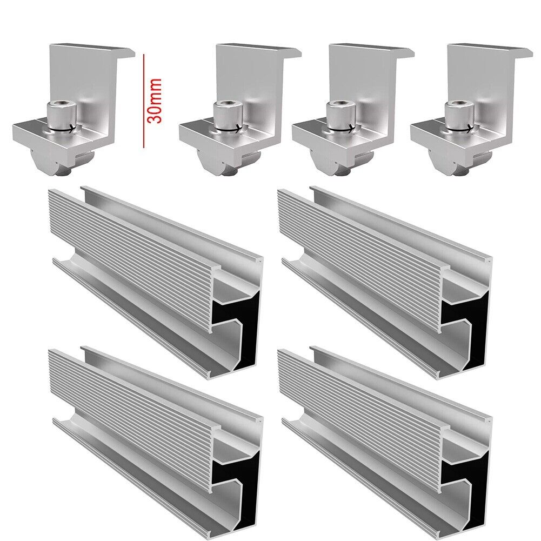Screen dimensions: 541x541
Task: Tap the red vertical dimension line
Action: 144,101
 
